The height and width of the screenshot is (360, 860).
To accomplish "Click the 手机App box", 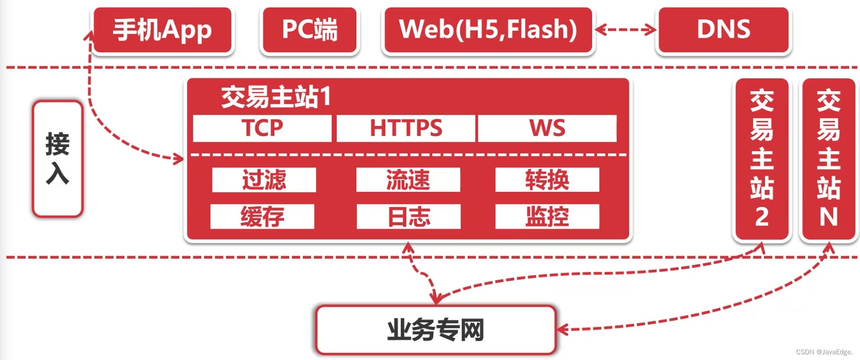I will pyautogui.click(x=162, y=30).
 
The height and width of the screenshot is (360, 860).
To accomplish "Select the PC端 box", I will pyautogui.click(x=310, y=30).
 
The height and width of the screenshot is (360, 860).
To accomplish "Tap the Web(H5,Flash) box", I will pyautogui.click(x=488, y=30).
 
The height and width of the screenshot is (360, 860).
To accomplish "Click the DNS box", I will pyautogui.click(x=723, y=30).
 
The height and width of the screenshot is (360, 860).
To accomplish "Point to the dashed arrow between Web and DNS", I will pyautogui.click(x=626, y=30).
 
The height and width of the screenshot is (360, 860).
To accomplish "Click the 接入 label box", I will pyautogui.click(x=58, y=159).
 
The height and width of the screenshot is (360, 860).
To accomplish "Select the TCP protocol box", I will pyautogui.click(x=262, y=129).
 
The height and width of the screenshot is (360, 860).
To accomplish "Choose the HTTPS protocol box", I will pyautogui.click(x=406, y=129).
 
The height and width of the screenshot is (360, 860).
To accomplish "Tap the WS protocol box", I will pyautogui.click(x=547, y=129).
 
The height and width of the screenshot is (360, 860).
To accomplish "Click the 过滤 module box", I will pyautogui.click(x=264, y=180).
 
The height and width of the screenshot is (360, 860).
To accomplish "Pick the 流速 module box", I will pyautogui.click(x=408, y=180).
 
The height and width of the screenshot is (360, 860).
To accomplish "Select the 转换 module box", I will pyautogui.click(x=547, y=180).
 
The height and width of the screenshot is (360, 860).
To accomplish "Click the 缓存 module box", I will pyautogui.click(x=262, y=217).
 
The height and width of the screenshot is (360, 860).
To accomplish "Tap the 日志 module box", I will pyautogui.click(x=409, y=217).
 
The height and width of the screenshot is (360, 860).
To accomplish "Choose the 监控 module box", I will pyautogui.click(x=547, y=217).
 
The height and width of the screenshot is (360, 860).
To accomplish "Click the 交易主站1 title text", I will pyautogui.click(x=276, y=97).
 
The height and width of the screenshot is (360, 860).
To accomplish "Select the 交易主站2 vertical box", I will pyautogui.click(x=762, y=159).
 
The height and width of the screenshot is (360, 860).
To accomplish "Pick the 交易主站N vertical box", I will pyautogui.click(x=828, y=159).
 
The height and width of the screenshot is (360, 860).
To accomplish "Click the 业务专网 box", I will pyautogui.click(x=436, y=330).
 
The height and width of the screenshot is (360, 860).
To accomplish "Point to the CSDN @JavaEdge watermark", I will pyautogui.click(x=824, y=352).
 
